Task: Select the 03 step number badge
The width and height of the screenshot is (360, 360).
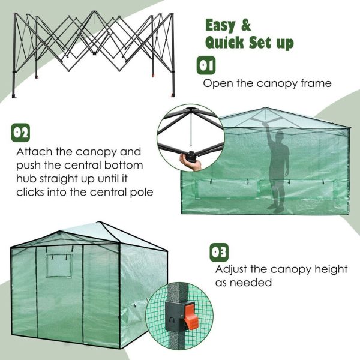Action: tap(219, 251)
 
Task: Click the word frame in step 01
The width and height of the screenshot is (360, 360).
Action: tap(313, 83)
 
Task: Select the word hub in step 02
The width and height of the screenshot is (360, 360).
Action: tap(27, 179)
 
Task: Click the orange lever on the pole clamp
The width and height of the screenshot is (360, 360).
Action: tap(191, 315)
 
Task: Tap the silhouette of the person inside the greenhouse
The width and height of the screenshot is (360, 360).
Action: tap(277, 168)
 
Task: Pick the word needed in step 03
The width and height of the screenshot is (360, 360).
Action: tap(253, 282)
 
